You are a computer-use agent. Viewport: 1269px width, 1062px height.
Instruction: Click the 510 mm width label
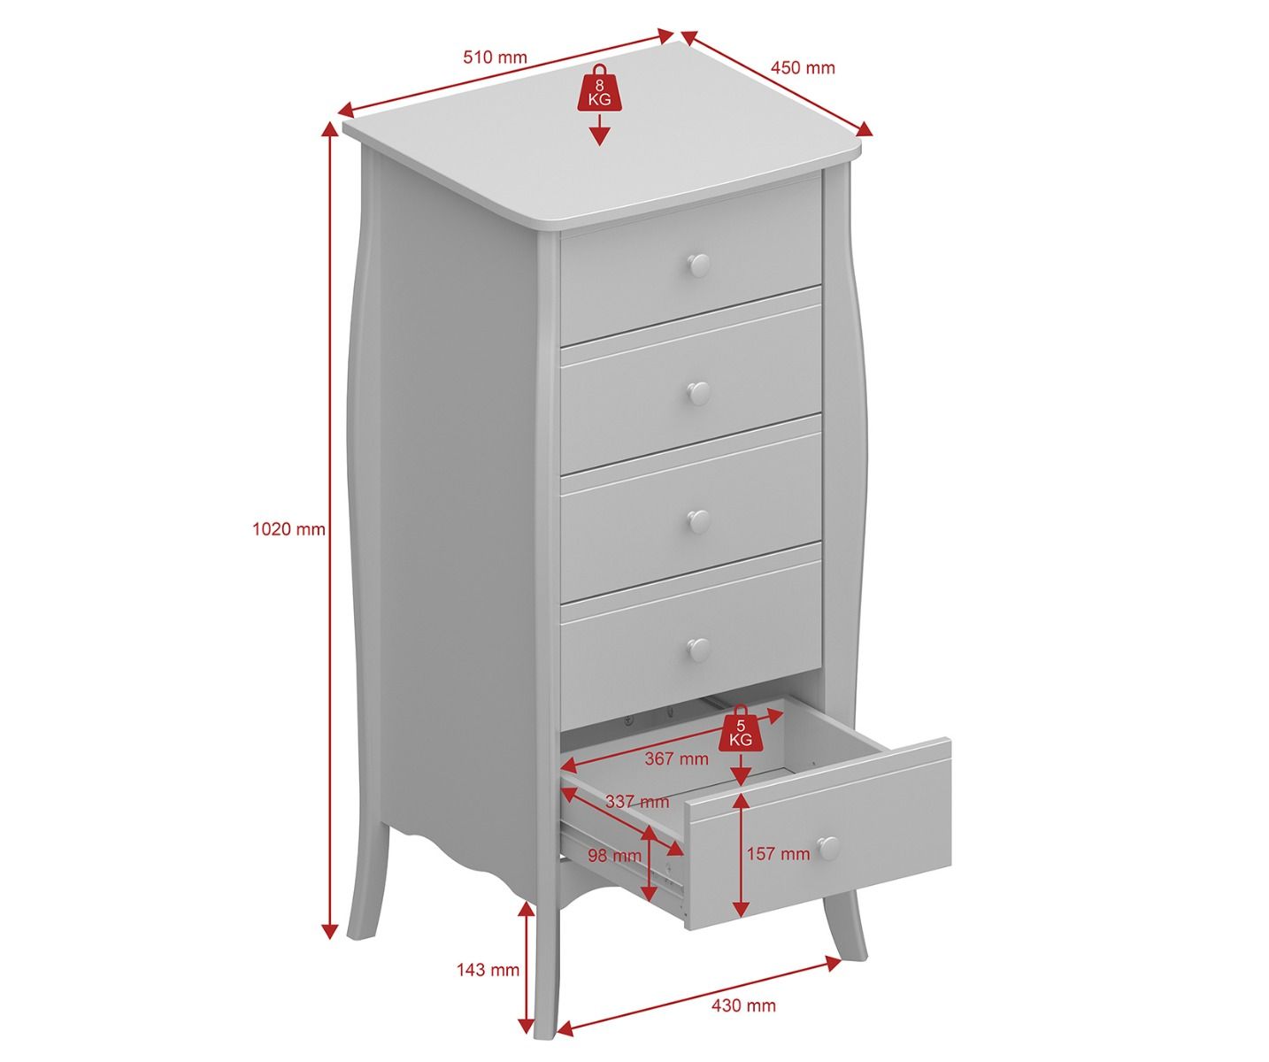pos(495,58)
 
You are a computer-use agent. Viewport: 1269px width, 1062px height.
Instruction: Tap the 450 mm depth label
pos(803,67)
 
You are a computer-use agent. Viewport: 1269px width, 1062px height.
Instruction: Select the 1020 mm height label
pos(288,529)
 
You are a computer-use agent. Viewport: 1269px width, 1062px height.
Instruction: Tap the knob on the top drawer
pos(699,265)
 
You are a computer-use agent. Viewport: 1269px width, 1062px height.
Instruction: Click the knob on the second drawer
pos(699,393)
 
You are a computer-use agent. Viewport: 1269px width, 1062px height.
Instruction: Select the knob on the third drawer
pos(699,521)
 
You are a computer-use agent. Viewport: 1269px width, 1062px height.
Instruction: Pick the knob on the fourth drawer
pos(699,649)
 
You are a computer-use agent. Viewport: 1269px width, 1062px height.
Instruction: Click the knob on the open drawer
pos(827,848)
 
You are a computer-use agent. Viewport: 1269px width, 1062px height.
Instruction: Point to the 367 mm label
pos(676,758)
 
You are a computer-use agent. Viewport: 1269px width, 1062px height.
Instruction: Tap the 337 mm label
pos(637,802)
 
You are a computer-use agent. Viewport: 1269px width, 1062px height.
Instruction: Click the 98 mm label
pos(614,856)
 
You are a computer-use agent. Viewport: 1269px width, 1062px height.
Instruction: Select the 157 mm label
pos(779,854)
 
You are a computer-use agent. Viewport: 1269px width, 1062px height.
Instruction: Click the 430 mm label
pos(744,1005)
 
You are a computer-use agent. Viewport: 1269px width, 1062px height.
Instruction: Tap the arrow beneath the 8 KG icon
pos(600,130)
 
